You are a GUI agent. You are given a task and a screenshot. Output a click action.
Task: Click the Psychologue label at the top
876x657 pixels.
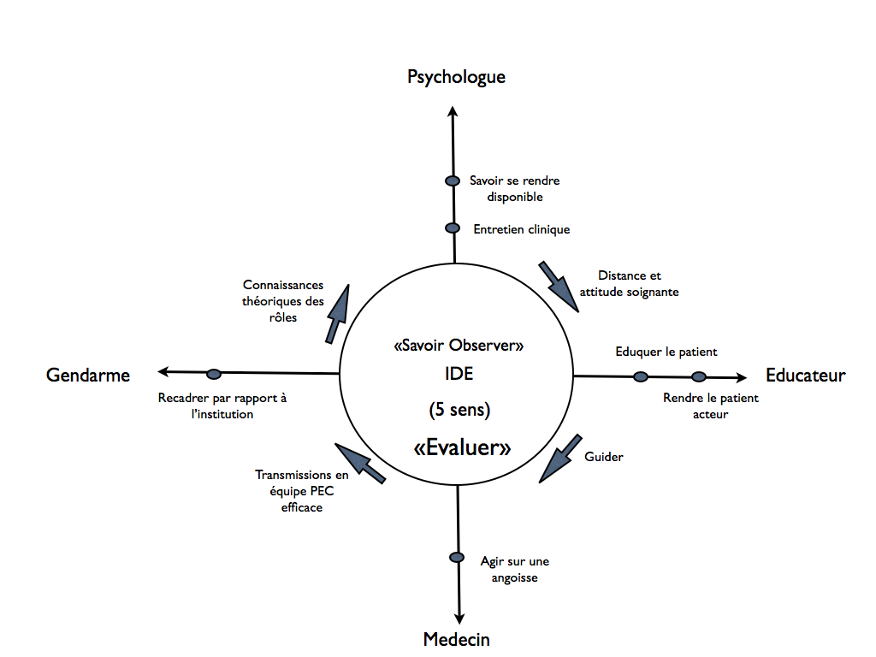click(x=456, y=77)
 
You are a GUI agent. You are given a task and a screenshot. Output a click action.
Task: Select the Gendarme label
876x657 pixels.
click(x=88, y=375)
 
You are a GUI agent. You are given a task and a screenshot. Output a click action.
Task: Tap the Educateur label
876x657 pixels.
click(x=805, y=375)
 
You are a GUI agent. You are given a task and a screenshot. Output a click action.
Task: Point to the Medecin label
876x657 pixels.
click(x=457, y=639)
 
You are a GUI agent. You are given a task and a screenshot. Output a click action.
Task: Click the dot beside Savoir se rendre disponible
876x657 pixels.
click(x=453, y=181)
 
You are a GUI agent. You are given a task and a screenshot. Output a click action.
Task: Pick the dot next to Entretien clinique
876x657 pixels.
click(x=453, y=228)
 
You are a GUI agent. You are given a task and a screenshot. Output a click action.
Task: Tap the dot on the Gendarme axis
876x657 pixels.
click(x=214, y=374)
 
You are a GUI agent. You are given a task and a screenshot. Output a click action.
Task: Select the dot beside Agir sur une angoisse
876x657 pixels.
click(x=457, y=557)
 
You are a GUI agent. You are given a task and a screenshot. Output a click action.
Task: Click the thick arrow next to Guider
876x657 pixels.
click(x=560, y=459)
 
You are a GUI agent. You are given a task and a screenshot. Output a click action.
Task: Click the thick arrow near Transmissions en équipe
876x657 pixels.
click(x=360, y=463)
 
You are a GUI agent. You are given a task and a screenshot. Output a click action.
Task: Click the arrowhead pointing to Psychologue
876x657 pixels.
click(x=453, y=110)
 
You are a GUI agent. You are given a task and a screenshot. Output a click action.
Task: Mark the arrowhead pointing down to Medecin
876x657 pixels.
click(x=459, y=619)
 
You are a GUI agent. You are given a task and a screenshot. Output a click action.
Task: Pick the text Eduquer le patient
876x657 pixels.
click(x=666, y=352)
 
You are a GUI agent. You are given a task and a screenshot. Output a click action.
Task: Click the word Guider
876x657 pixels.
click(x=604, y=457)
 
